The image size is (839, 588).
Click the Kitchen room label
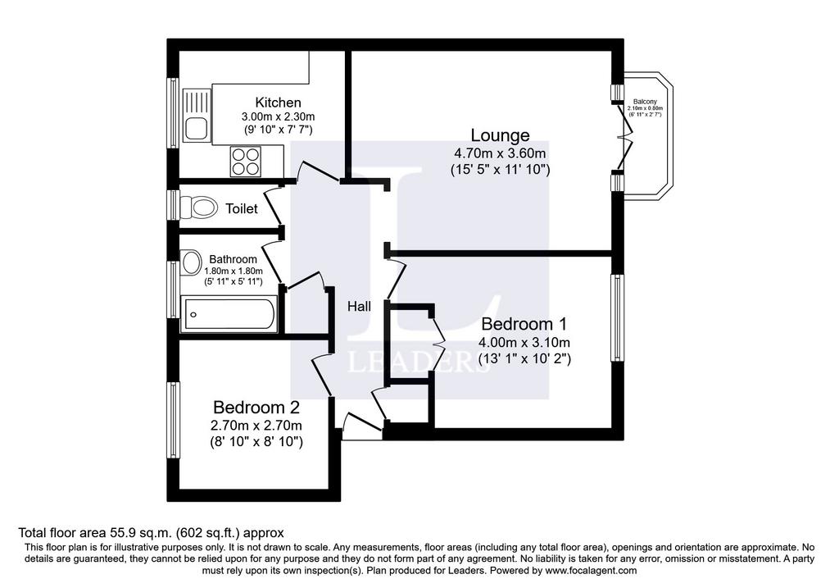(278, 103)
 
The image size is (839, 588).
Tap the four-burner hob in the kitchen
(246, 162)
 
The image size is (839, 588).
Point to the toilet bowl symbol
(198, 207)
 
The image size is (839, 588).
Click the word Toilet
(242, 208)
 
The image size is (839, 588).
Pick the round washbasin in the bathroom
(189, 262)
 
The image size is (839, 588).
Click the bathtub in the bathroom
(229, 314)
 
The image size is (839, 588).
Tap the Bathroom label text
(233, 259)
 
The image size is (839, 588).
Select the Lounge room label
(500, 135)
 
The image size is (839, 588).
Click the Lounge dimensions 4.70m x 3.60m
(500, 153)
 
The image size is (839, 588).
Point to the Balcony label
(645, 102)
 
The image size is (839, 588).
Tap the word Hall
(359, 307)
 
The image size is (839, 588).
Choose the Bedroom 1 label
(524, 324)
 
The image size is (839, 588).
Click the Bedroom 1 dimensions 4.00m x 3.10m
(524, 342)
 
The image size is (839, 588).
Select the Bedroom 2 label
(256, 408)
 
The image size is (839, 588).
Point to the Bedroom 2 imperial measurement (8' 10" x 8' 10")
(256, 442)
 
